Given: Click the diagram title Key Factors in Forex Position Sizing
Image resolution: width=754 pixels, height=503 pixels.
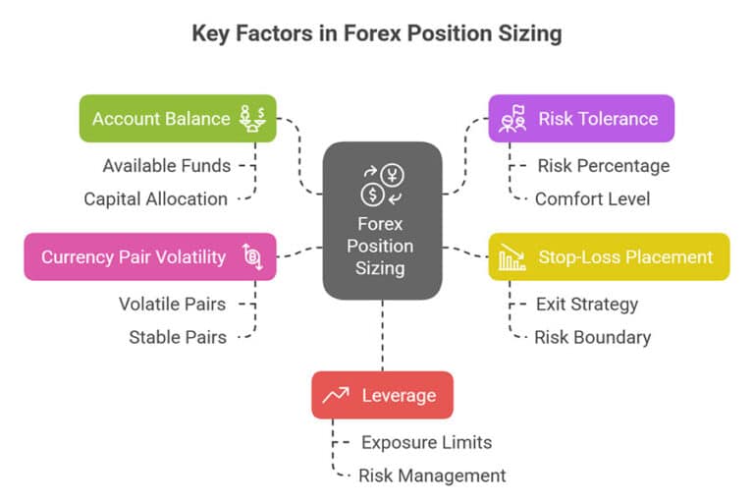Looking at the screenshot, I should (377, 33).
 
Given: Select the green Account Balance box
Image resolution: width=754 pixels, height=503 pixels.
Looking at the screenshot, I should (178, 119).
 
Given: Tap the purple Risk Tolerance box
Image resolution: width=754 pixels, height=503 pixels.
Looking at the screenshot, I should (581, 119).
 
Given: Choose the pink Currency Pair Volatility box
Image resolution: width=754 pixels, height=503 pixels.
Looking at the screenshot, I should (149, 257).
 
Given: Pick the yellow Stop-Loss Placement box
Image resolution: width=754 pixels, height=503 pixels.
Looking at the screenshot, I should (609, 257).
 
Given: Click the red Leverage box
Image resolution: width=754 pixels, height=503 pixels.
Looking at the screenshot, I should (382, 395).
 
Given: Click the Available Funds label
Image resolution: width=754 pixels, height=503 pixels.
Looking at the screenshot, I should (167, 165).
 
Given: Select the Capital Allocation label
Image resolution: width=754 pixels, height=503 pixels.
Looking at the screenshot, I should (155, 198).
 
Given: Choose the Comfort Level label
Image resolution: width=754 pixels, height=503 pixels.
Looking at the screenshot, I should (592, 198).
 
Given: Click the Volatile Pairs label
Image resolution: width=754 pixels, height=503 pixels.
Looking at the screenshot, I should (172, 304).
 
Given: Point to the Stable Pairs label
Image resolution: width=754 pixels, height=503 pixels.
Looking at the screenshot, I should (178, 337).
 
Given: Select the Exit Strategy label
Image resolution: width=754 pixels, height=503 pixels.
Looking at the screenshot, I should (586, 304).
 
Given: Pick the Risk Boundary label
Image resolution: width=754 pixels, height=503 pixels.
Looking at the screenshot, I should (592, 337).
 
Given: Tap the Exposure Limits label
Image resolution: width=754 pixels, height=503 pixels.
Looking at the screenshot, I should (426, 442).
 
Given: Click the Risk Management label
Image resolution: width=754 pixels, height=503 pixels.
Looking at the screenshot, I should (432, 475).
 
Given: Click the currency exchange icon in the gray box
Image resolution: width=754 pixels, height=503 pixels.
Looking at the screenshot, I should (382, 186).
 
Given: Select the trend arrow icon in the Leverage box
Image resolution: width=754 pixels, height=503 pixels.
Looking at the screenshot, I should (336, 395).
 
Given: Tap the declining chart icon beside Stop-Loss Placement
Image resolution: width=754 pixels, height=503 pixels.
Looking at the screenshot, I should (512, 257).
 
